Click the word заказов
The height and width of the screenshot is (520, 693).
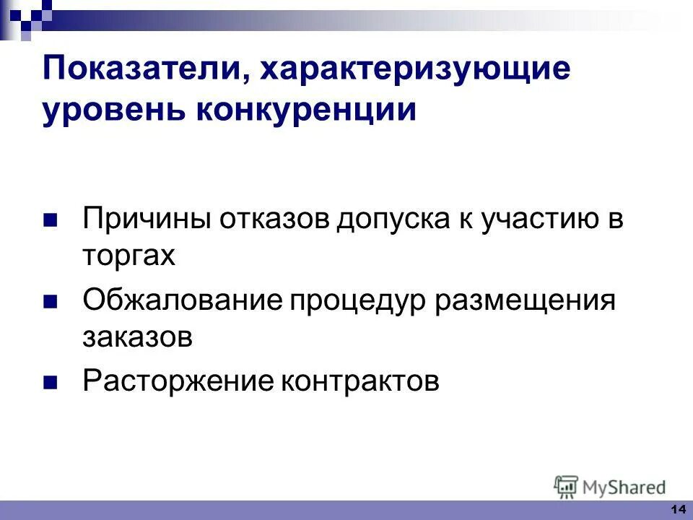pyautogui.click(x=138, y=337)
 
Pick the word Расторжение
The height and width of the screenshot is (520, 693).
pyautogui.click(x=177, y=381)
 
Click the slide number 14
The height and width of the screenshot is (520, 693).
pyautogui.click(x=678, y=510)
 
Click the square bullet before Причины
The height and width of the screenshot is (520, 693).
pyautogui.click(x=50, y=220)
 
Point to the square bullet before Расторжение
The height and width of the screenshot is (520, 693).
pyautogui.click(x=50, y=381)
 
